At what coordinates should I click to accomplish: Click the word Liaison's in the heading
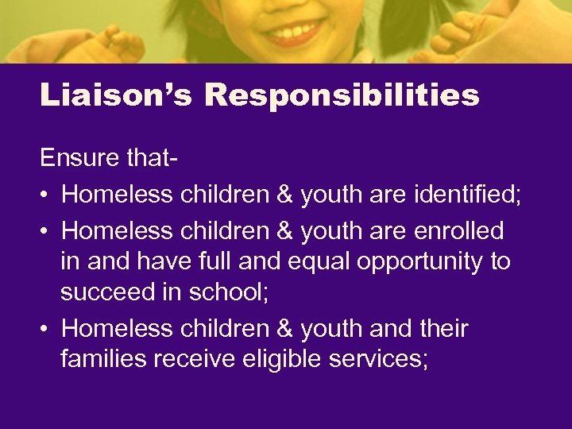(116, 96)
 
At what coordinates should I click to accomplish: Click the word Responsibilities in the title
(342, 96)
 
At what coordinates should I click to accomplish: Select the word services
(385, 359)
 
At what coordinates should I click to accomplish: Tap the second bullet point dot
(45, 231)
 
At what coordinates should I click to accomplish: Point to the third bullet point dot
(45, 329)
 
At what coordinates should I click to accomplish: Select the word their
(442, 328)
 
